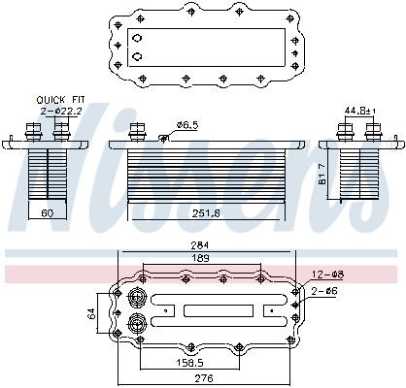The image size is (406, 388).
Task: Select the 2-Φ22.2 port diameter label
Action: click(59, 111)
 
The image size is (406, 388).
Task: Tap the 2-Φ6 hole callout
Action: click(323, 290)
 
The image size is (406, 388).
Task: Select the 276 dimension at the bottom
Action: click(202, 378)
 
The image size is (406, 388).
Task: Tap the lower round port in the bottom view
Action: click(136, 322)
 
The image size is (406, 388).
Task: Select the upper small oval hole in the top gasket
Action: click(137, 39)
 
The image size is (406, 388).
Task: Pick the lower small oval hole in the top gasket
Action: click(137, 56)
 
